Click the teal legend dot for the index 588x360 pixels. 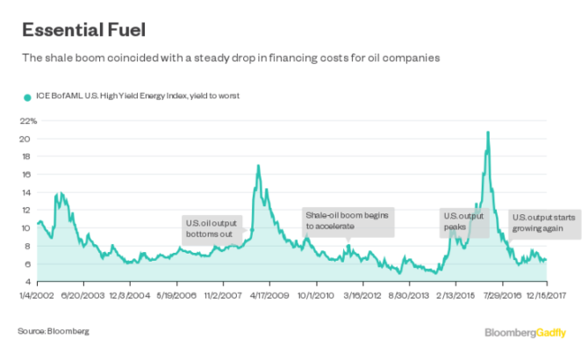coord(24,96)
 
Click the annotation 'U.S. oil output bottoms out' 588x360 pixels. coord(213,228)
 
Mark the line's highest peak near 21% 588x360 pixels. coord(488,132)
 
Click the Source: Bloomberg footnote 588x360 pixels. coord(53,332)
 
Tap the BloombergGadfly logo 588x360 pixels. coord(524,333)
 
